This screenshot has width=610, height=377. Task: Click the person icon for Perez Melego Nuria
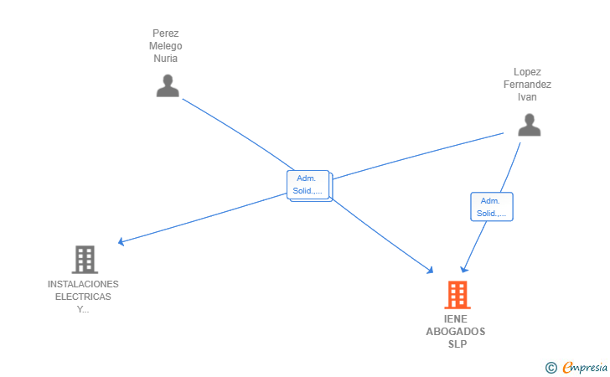pyautogui.click(x=168, y=85)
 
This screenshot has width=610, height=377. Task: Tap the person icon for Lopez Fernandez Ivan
pyautogui.click(x=529, y=125)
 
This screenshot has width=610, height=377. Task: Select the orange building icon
pyautogui.click(x=457, y=295)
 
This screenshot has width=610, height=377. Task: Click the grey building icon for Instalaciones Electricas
pyautogui.click(x=85, y=260)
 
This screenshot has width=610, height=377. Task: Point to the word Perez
pyautogui.click(x=166, y=34)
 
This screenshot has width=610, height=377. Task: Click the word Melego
pyautogui.click(x=166, y=46)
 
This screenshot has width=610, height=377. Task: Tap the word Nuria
pyautogui.click(x=166, y=59)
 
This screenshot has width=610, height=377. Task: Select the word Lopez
pyautogui.click(x=527, y=72)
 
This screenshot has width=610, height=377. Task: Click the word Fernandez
pyautogui.click(x=527, y=85)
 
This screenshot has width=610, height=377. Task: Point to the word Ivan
pyautogui.click(x=527, y=97)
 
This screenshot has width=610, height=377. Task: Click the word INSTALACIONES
pyautogui.click(x=83, y=284)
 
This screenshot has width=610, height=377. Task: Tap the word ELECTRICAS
pyautogui.click(x=83, y=297)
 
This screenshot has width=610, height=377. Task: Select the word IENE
pyautogui.click(x=456, y=319)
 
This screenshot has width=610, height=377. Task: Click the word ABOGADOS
pyautogui.click(x=456, y=332)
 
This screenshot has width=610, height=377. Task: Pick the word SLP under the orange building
pyautogui.click(x=457, y=344)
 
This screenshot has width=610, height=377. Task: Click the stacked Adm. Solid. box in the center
pyautogui.click(x=309, y=186)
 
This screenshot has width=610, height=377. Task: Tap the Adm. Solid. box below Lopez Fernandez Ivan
pyautogui.click(x=492, y=207)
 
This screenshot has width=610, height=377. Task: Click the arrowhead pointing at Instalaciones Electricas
pyautogui.click(x=121, y=241)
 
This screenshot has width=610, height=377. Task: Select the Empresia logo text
pyautogui.click(x=585, y=367)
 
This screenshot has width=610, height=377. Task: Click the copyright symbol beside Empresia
pyautogui.click(x=551, y=368)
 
